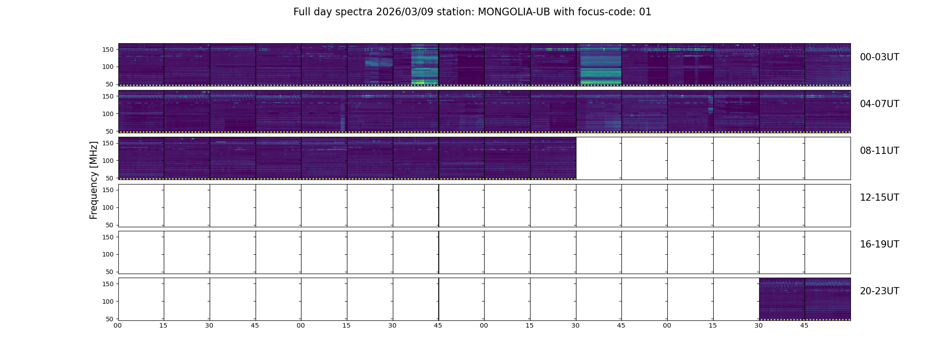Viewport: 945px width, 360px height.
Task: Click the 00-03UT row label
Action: coord(879,57)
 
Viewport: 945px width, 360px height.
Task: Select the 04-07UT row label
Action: coord(879,104)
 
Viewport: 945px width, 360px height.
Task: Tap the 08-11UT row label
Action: coord(879,151)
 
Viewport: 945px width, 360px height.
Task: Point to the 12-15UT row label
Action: coord(879,198)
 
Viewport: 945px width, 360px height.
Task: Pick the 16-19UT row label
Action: coord(879,244)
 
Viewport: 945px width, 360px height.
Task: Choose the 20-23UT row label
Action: coord(879,291)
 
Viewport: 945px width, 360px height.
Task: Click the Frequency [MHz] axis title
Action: coord(94,180)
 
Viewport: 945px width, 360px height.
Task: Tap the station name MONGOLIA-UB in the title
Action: coord(513,12)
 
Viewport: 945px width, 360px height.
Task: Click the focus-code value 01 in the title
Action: coord(645,12)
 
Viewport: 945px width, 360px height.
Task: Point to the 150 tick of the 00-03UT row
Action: coord(108,49)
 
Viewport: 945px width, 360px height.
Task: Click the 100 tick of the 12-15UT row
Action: coord(108,207)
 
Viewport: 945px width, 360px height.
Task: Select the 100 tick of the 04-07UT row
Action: coord(108,114)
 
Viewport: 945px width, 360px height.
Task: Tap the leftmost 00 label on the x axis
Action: coord(117,325)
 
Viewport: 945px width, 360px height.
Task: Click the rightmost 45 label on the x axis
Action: coord(804,325)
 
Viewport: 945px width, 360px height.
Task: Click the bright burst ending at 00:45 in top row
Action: coord(424,64)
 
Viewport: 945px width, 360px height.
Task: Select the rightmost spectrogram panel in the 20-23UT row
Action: coord(828,299)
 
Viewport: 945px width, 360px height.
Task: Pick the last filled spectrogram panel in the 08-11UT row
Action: coord(553,158)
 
